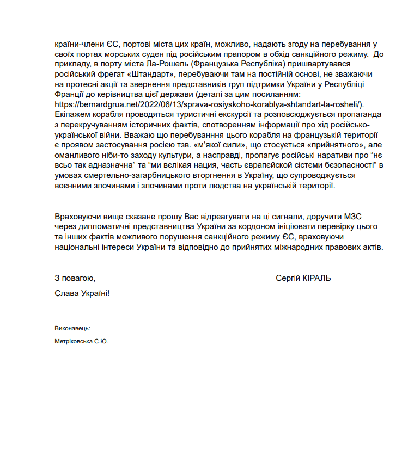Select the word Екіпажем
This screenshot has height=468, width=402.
tap(72, 114)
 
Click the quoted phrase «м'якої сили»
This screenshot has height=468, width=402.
tap(219, 144)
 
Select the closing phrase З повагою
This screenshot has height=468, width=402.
tap(75, 278)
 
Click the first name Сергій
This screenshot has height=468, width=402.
tap(288, 278)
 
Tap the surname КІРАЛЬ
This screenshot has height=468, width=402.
tap(317, 278)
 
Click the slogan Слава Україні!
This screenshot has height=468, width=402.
tap(82, 293)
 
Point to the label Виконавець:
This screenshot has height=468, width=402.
tap(72, 329)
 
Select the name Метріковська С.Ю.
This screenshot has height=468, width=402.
tap(82, 342)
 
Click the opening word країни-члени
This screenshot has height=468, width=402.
tap(78, 44)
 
